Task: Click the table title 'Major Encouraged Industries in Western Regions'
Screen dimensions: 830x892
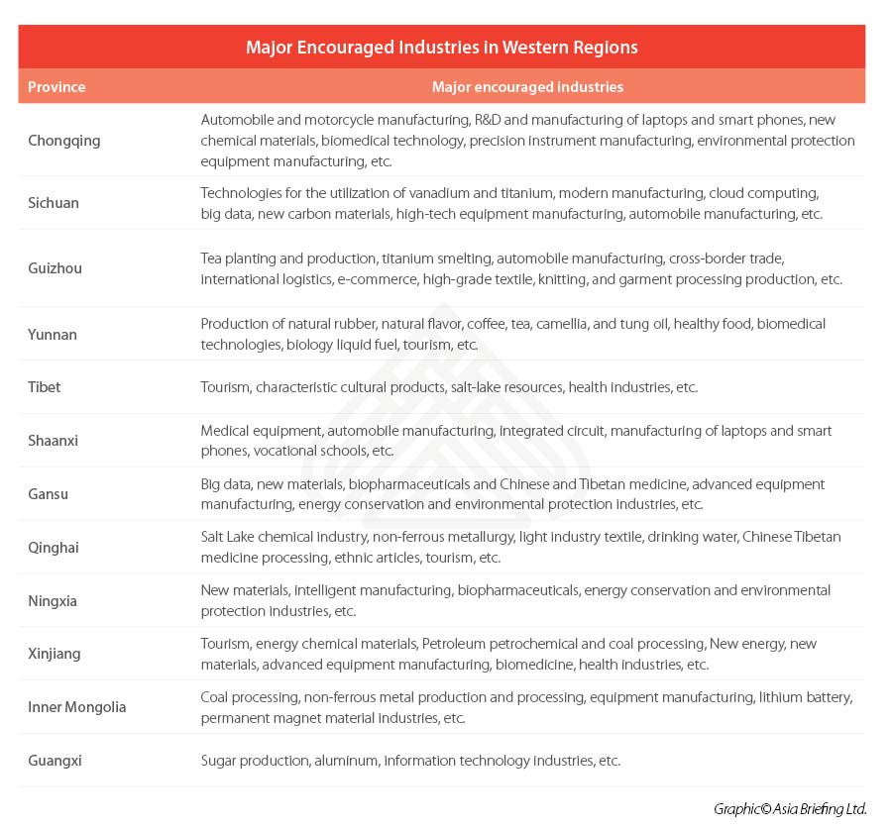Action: point(441,48)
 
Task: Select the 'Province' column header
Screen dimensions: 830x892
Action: point(56,87)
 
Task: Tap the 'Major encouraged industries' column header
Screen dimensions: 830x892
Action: point(527,87)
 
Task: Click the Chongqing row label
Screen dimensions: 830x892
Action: point(64,141)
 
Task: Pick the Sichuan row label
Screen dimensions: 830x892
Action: point(54,203)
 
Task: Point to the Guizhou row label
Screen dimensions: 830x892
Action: point(56,268)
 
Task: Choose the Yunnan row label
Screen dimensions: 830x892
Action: point(53,335)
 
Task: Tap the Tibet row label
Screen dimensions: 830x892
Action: point(45,387)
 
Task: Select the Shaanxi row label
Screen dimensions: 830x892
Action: point(54,441)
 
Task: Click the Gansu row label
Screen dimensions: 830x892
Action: point(49,494)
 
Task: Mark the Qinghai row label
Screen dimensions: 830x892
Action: point(54,548)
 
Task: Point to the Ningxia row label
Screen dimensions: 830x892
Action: point(53,601)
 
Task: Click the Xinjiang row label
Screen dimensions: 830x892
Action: point(55,654)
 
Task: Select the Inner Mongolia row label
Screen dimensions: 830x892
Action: point(77,707)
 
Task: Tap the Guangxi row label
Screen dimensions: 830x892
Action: point(55,761)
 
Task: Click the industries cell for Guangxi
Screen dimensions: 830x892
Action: point(410,761)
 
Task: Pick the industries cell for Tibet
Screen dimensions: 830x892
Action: point(449,387)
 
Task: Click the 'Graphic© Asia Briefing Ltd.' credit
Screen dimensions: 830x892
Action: point(789,809)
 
